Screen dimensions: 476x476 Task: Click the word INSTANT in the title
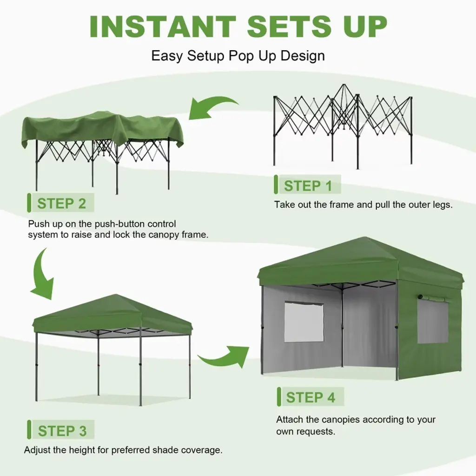click(x=163, y=26)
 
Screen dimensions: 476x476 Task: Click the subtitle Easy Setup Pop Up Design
click(x=238, y=56)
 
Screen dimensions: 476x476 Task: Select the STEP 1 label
click(x=308, y=186)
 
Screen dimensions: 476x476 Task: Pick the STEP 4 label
click(x=311, y=397)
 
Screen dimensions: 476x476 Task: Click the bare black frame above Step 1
click(x=343, y=126)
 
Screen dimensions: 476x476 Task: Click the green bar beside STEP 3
click(x=29, y=430)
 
